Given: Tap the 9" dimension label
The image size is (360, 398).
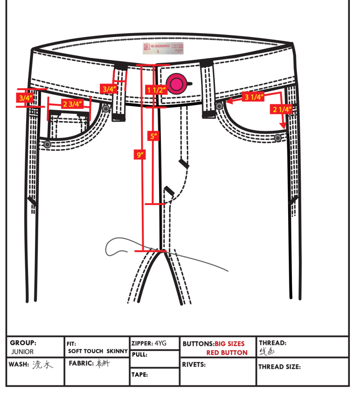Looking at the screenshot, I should [140, 155].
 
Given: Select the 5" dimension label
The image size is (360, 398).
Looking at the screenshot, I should [154, 136].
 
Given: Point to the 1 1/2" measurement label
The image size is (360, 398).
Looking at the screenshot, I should [157, 90].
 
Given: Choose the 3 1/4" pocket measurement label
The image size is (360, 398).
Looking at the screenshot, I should [253, 97].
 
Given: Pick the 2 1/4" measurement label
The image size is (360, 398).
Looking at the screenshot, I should [281, 109].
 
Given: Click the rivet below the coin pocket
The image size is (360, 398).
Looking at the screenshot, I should [47, 144].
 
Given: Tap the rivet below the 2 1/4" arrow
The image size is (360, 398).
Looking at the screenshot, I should [278, 138].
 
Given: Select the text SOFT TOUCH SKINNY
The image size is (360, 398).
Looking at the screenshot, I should [98, 351].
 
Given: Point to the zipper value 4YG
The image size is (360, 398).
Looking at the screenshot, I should [160, 343].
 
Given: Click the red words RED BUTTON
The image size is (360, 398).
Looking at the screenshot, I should [227, 352].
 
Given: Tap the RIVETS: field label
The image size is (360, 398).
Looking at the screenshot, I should [194, 365].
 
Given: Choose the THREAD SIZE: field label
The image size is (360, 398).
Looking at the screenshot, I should [279, 367].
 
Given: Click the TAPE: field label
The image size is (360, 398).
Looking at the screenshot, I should [140, 375].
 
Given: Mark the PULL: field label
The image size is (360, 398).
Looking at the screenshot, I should [139, 354].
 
